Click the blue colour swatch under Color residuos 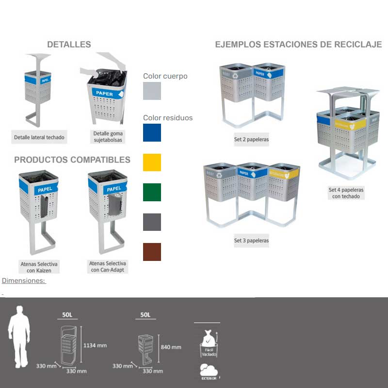(x=152, y=132)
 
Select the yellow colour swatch (x=152, y=162)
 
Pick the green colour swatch (x=152, y=192)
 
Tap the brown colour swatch (x=152, y=252)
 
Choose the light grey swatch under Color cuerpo (x=152, y=91)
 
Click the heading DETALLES (x=69, y=45)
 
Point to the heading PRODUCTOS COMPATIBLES (x=72, y=160)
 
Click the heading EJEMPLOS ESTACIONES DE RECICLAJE (x=298, y=45)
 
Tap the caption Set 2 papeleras (x=251, y=140)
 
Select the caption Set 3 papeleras (x=251, y=241)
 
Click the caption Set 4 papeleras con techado (x=346, y=193)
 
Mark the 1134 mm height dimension (x=95, y=345)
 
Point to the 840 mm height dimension (x=170, y=347)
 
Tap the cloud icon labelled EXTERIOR (x=209, y=371)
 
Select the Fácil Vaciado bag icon (x=209, y=342)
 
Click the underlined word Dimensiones (x=24, y=280)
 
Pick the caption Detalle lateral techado (x=39, y=137)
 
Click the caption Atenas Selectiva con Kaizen (x=39, y=267)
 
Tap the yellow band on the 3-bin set (x=284, y=172)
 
